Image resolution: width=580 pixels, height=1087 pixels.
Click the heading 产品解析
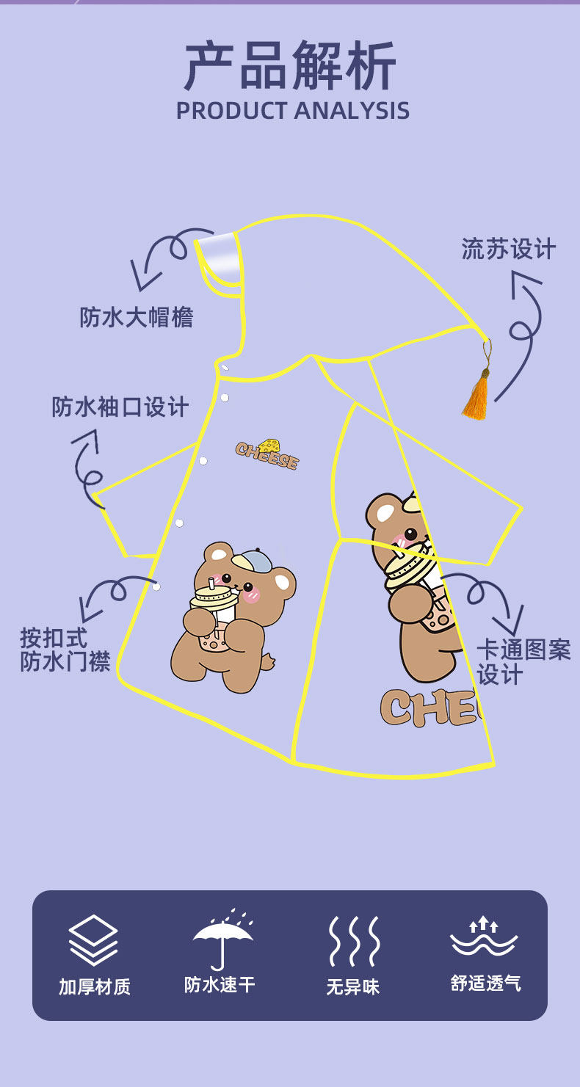pos(291,66)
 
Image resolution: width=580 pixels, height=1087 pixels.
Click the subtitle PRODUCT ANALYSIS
pos(292,110)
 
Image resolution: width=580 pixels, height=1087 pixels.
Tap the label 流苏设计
pos(508,249)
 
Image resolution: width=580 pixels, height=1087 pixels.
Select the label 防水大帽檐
pos(137,316)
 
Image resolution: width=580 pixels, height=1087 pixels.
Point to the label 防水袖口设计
pos(120,406)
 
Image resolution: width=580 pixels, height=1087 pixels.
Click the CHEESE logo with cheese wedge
pos(268,454)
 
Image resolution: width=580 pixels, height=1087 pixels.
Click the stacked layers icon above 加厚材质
pos(93,939)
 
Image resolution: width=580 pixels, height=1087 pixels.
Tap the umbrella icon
pos(222,939)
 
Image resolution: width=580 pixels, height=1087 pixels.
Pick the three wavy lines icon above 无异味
pos(353,940)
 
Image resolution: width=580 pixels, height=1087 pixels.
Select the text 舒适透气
pos(485,984)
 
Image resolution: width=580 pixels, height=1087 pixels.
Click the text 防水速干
pos(220,984)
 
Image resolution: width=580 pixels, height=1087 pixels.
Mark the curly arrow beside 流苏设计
pos(525,330)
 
